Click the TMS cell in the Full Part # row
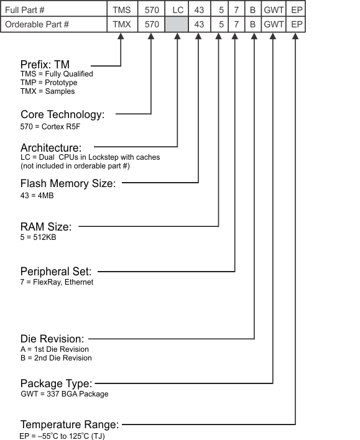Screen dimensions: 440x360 click(121, 9)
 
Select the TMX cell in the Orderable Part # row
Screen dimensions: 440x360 click(121, 24)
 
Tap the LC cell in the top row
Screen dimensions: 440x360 click(177, 9)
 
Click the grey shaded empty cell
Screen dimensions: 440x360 click(177, 24)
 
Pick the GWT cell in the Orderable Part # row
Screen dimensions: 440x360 click(273, 24)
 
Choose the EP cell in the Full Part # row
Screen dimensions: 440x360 click(297, 9)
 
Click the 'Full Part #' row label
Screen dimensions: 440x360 click(26, 9)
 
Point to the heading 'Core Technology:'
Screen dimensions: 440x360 click(62, 114)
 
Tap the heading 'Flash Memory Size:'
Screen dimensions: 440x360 click(68, 183)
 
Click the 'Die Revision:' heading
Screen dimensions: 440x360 click(52, 339)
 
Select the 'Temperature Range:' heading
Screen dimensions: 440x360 click(70, 424)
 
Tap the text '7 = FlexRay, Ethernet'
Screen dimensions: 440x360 click(57, 282)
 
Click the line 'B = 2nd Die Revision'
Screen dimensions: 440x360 click(56, 357)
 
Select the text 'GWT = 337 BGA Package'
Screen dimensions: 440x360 click(64, 393)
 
